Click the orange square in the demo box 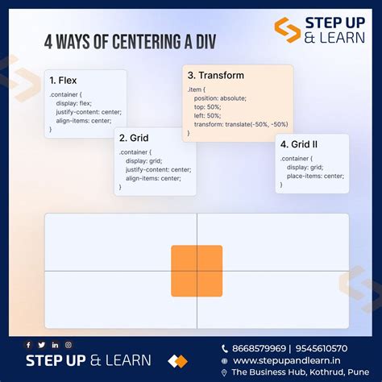pos(197,271)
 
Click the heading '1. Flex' pos(64,81)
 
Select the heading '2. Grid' pos(134,138)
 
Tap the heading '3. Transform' pos(215,76)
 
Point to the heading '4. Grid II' pos(299,145)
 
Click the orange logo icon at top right pos(287,31)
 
